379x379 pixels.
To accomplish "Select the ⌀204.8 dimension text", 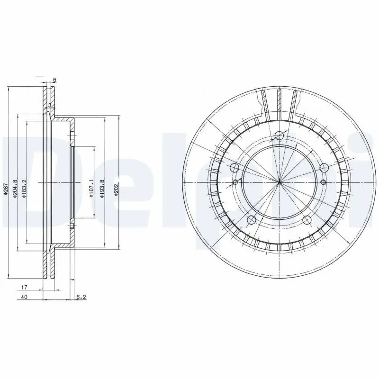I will tap(16, 189).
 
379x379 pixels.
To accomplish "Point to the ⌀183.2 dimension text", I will tap(24, 189).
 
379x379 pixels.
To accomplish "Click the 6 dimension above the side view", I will tap(54, 80).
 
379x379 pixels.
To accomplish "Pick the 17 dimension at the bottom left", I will tap(24, 288).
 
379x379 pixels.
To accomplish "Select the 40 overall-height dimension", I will tap(24, 298).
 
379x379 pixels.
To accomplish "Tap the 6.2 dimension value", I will tap(81, 298).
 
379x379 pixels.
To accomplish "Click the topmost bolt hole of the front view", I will tap(279, 136).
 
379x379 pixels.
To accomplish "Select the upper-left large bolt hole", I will tap(234, 168).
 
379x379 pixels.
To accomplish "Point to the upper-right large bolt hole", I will tap(324, 168).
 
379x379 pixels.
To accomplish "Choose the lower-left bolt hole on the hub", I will tap(252, 220).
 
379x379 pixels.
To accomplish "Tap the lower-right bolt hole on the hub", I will tap(307, 220).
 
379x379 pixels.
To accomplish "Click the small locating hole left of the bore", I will tap(235, 182).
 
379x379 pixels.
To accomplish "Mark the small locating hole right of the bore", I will tap(323, 182).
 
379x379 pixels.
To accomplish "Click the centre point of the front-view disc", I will tap(279, 182).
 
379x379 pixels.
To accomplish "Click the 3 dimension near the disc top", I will tap(49, 105).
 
